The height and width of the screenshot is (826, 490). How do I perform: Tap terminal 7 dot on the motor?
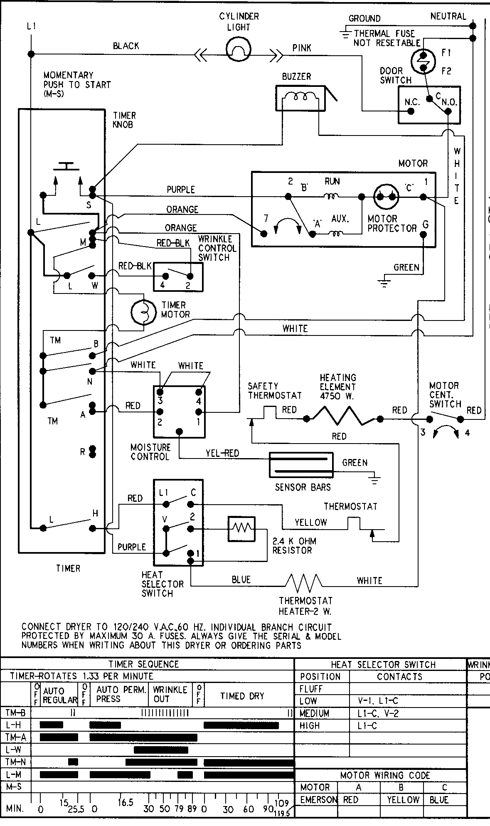tap(263, 233)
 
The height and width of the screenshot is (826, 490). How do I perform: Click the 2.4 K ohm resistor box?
tap(241, 529)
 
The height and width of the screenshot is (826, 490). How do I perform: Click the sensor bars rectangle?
tap(301, 465)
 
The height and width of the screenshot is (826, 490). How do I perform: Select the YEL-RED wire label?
tap(222, 453)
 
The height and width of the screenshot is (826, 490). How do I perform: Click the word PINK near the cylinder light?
tap(301, 48)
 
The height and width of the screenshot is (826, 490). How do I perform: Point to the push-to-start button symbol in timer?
tap(67, 167)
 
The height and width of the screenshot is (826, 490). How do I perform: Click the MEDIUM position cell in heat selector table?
tap(315, 713)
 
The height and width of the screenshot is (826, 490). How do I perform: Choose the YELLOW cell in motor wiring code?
tap(402, 800)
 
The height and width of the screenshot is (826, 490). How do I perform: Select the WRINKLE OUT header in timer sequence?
tap(170, 695)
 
